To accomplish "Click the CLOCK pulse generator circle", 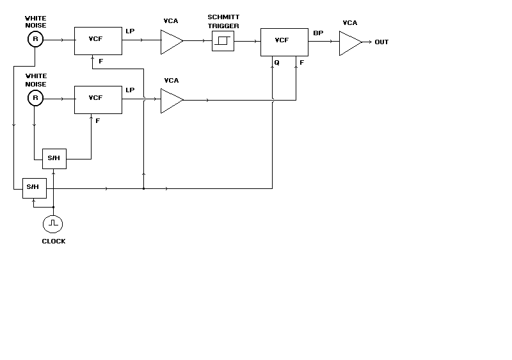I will [x=52, y=224].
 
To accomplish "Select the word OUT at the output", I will [x=381, y=42].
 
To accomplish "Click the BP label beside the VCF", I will [x=318, y=33].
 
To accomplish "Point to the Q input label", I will [x=276, y=62].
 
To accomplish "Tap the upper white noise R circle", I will [x=35, y=40].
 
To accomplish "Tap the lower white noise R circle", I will [x=35, y=98].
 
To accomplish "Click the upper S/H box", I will [x=53, y=158].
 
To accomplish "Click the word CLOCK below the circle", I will [x=53, y=241].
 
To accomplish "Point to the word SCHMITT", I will [x=223, y=17].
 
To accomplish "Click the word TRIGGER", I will [x=223, y=25].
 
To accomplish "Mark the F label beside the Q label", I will [x=301, y=62].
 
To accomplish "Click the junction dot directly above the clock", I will [x=53, y=208].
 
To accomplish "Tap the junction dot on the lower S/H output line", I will [x=144, y=189].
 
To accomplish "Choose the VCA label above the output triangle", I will [x=349, y=22].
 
